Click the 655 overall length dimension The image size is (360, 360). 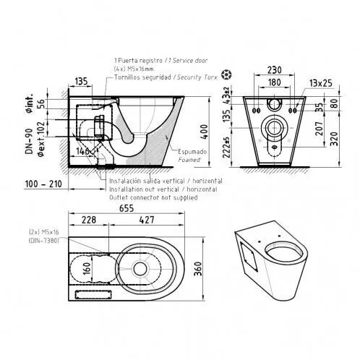[x=127, y=205]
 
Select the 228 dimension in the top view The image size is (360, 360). [x=89, y=220]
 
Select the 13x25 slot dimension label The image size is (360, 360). [x=315, y=83]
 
